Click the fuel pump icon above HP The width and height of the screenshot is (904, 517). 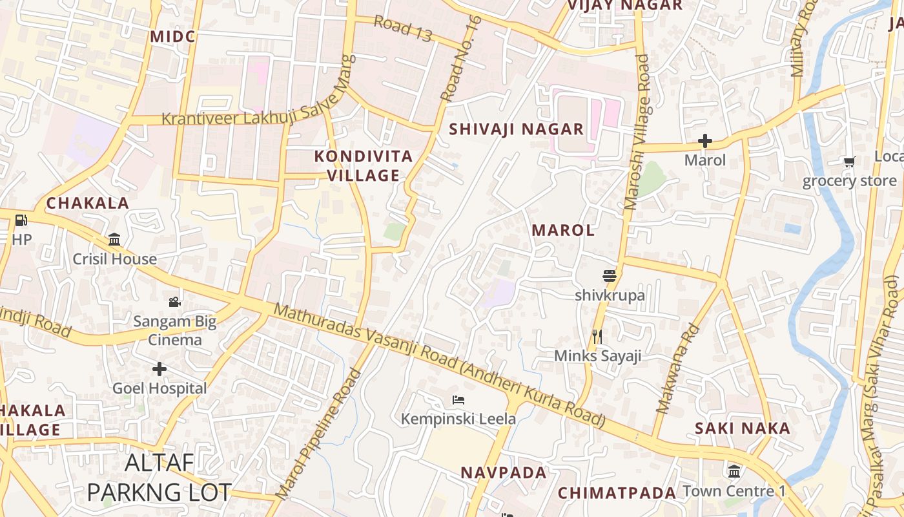click(x=21, y=220)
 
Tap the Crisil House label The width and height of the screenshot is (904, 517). click(x=115, y=259)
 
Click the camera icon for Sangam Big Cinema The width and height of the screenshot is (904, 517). click(x=174, y=302)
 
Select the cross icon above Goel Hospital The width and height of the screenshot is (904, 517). click(x=159, y=369)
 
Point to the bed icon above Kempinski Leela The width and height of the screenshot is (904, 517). click(x=458, y=399)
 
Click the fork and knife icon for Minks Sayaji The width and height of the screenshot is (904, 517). click(x=597, y=336)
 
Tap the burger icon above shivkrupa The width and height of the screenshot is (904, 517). click(x=610, y=276)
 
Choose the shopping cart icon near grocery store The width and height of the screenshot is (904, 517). click(x=848, y=162)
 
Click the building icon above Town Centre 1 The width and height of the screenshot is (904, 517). click(x=734, y=471)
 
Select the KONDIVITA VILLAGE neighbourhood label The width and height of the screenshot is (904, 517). click(x=364, y=165)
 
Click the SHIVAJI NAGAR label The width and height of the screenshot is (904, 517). click(x=516, y=129)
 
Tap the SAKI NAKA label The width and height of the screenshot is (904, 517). click(x=743, y=428)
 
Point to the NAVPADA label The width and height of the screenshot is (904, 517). click(x=504, y=472)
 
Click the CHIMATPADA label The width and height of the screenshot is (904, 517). click(x=617, y=492)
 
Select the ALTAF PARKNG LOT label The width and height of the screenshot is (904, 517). click(x=159, y=477)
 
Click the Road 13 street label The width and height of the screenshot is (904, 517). click(x=403, y=29)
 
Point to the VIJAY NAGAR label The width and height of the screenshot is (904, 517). click(x=624, y=6)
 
